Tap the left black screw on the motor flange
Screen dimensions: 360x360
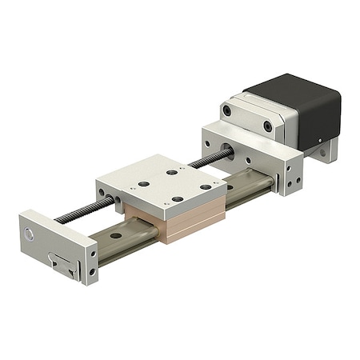coord(226,111)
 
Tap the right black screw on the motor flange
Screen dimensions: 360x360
coord(267,126)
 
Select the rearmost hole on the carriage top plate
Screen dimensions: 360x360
coord(171,171)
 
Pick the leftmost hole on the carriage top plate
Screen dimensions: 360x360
coord(144,184)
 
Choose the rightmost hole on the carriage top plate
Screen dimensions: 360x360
coord(206,186)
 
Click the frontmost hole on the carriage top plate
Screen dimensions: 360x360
coord(178,199)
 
